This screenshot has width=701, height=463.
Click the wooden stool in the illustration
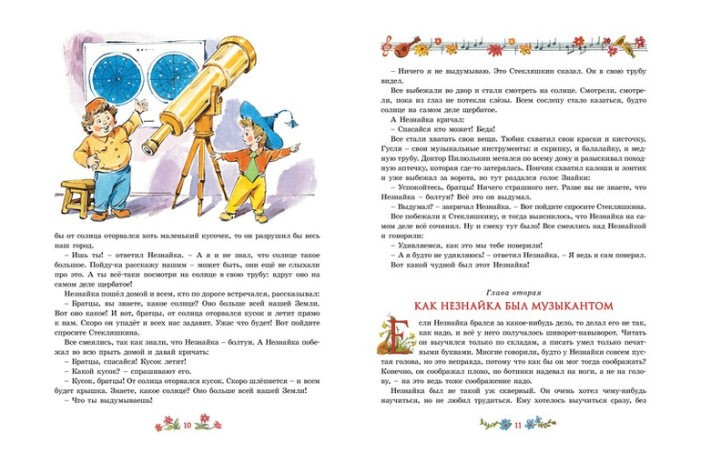point(72,197)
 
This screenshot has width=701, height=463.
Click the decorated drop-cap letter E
point(399,336)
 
